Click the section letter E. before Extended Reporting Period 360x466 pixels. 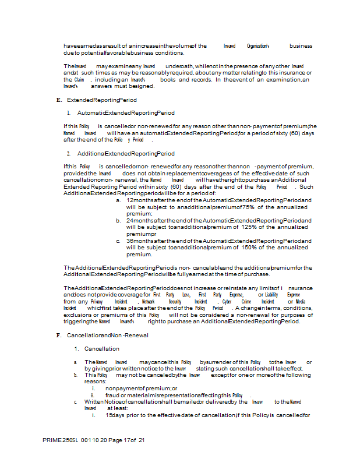[x=58, y=100]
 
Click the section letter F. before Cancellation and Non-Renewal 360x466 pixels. [x=58, y=336]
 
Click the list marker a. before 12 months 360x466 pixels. [x=118, y=200]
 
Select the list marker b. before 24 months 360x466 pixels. [x=118, y=221]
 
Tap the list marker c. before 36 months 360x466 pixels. [x=118, y=241]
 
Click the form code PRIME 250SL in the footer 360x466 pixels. [x=59, y=440]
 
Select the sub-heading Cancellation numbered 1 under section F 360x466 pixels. [x=102, y=349]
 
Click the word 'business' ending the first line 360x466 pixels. [x=301, y=46]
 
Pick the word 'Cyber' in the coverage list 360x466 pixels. [x=227, y=302]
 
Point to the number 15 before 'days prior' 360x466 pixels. [x=109, y=415]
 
